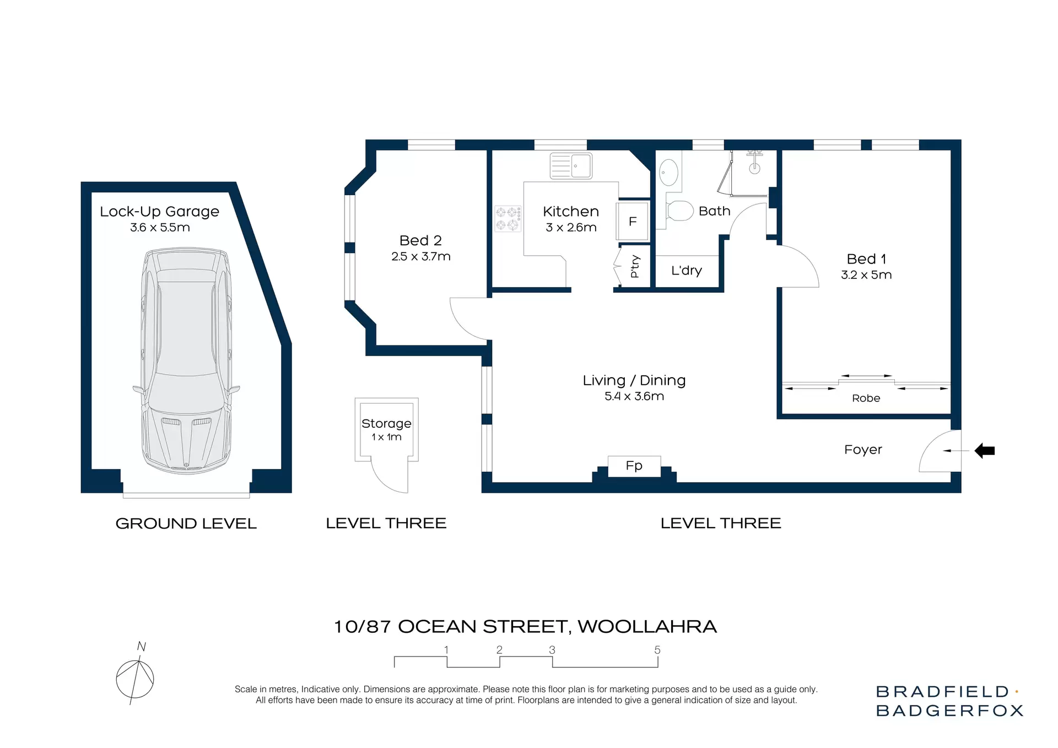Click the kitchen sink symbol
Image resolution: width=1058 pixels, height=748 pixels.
pyautogui.click(x=571, y=166)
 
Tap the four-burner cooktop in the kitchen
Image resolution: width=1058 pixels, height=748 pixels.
pyautogui.click(x=508, y=219)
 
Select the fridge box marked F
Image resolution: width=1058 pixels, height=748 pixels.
pyautogui.click(x=633, y=222)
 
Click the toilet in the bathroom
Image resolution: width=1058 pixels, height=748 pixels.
pyautogui.click(x=679, y=211)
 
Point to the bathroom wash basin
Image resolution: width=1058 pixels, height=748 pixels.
pyautogui.click(x=668, y=173)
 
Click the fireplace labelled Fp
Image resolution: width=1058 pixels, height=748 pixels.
pyautogui.click(x=634, y=466)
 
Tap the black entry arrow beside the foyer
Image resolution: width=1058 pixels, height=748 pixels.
pyautogui.click(x=985, y=451)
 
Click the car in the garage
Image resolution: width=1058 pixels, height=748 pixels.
pyautogui.click(x=186, y=361)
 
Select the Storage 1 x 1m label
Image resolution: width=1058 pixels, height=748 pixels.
pyautogui.click(x=386, y=429)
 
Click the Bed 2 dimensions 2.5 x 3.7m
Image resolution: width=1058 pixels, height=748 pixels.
pyautogui.click(x=421, y=257)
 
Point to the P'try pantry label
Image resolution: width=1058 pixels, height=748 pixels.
pyautogui.click(x=635, y=267)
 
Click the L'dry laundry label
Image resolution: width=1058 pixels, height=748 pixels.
pyautogui.click(x=687, y=271)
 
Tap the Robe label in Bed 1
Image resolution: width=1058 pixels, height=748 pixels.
pyautogui.click(x=866, y=399)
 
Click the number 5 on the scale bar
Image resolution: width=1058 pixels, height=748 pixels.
pyautogui.click(x=657, y=650)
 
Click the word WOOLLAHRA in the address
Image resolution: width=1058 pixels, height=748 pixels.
pyautogui.click(x=647, y=627)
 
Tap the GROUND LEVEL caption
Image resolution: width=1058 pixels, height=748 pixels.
pyautogui.click(x=186, y=524)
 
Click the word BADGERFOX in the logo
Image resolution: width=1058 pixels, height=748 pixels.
pyautogui.click(x=949, y=711)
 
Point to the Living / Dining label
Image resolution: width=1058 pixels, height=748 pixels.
pyautogui.click(x=634, y=380)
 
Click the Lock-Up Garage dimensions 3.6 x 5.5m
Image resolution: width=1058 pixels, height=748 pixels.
pyautogui.click(x=160, y=228)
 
